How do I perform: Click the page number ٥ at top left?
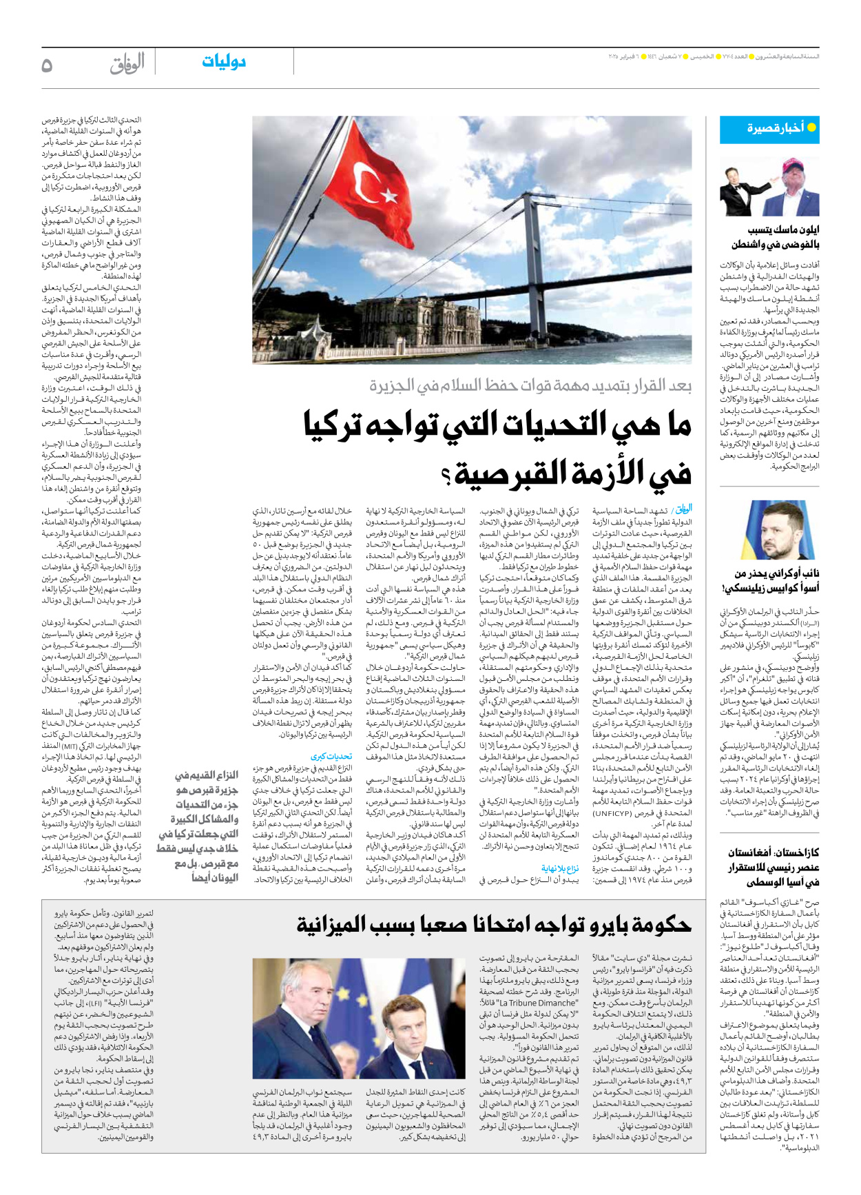(47, 65)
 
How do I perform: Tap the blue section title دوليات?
(224, 62)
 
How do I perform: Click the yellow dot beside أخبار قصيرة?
(811, 127)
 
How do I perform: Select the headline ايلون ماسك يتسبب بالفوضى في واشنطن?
(775, 236)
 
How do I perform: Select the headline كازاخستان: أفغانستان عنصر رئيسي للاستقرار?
(773, 867)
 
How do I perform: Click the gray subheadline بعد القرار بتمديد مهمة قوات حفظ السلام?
(530, 386)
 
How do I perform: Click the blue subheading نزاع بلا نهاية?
(560, 868)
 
